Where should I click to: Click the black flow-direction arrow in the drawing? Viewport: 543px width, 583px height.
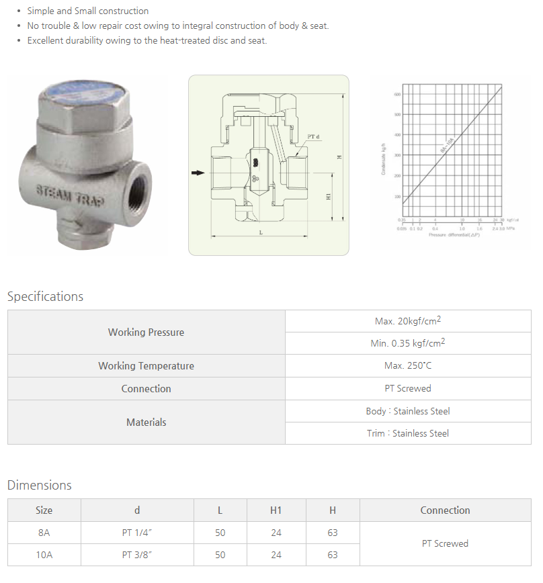pyautogui.click(x=197, y=173)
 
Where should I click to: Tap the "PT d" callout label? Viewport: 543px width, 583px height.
pyautogui.click(x=313, y=137)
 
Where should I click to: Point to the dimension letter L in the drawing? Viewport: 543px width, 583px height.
pyautogui.click(x=261, y=231)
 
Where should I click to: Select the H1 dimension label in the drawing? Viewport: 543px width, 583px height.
pyautogui.click(x=329, y=196)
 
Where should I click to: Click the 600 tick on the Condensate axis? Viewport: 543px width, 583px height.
pyautogui.click(x=397, y=95)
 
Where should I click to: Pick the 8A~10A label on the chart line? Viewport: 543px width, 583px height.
pyautogui.click(x=448, y=144)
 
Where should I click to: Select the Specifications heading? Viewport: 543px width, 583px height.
pyautogui.click(x=45, y=296)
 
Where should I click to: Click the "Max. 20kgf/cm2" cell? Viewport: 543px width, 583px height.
pyautogui.click(x=408, y=321)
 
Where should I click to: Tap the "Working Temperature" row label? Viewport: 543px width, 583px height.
pyautogui.click(x=146, y=366)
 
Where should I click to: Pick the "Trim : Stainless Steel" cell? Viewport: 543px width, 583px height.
pyautogui.click(x=407, y=433)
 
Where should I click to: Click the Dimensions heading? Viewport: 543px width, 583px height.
pyautogui.click(x=39, y=485)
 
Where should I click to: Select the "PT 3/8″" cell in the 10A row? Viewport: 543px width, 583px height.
pyautogui.click(x=137, y=555)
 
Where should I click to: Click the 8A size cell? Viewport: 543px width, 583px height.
pyautogui.click(x=44, y=533)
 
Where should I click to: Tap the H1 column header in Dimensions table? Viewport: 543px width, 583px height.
pyautogui.click(x=276, y=510)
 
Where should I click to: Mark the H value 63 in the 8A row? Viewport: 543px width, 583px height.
pyautogui.click(x=332, y=533)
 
